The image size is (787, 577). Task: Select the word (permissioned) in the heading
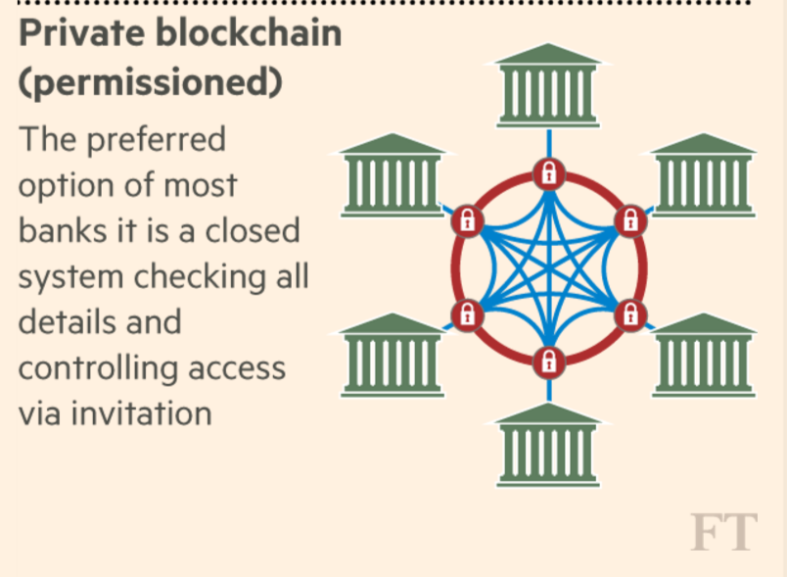tap(150, 84)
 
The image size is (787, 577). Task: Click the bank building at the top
tap(548, 82)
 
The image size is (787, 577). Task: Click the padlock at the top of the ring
tap(548, 173)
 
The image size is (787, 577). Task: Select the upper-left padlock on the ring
tap(467, 220)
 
